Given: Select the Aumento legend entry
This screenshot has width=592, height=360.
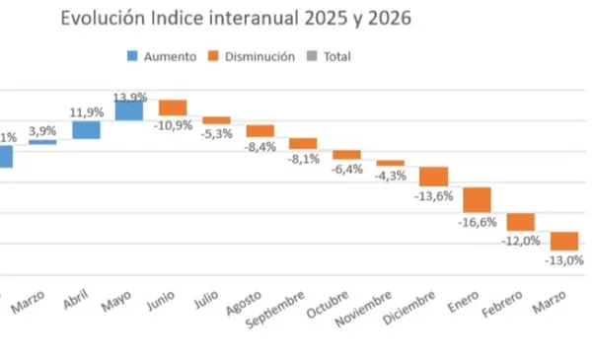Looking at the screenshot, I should coord(163,56).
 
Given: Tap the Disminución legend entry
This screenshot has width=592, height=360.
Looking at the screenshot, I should coord(252,56).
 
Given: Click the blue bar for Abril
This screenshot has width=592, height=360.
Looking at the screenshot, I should coord(86,130).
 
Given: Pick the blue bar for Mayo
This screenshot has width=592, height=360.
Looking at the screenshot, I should coord(129,109).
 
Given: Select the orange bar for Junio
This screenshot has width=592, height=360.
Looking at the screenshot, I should coord(173,108).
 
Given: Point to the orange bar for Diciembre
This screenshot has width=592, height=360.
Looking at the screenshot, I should coord(434,176).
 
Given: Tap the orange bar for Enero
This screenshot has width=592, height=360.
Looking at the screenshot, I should coord(478,199).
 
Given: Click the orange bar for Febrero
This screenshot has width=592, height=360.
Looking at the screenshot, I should coord(521,222).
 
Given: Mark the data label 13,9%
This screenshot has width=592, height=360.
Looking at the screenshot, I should coord(130,96).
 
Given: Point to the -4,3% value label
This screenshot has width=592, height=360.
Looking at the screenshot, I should coord(392,176).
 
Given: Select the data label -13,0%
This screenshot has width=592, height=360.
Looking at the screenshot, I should coord(563,260).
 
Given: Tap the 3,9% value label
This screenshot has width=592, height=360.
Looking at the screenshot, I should coord(42,130).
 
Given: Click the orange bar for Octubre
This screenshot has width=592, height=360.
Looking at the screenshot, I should coord(347,155).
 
